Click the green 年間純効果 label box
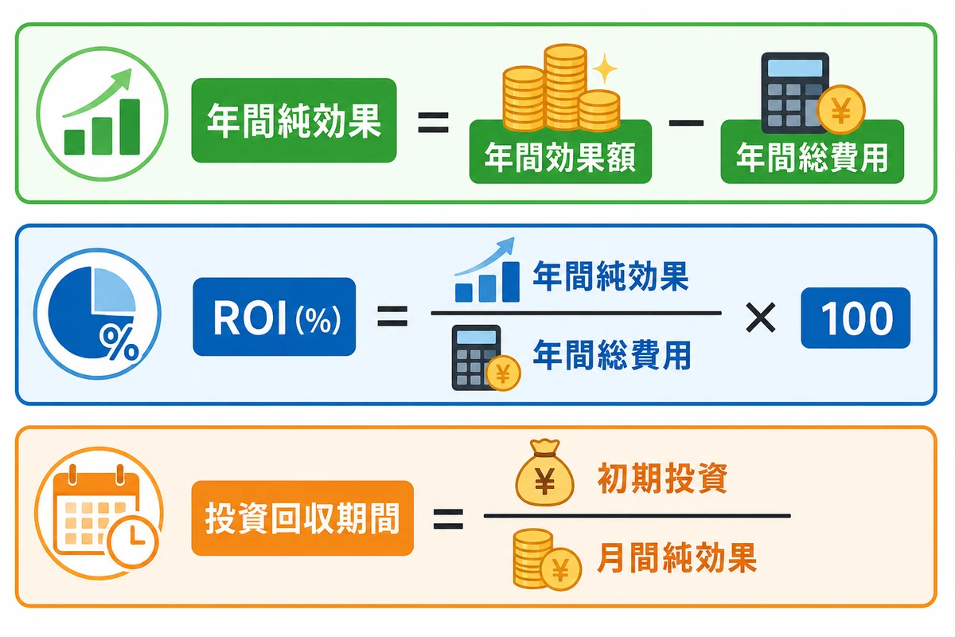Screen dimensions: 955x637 [294, 120]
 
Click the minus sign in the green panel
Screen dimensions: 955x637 [686, 123]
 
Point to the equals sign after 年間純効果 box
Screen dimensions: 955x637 [433, 123]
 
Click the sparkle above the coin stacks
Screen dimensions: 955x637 [605, 68]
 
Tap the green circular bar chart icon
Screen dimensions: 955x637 [103, 115]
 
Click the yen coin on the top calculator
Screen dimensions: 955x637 [840, 110]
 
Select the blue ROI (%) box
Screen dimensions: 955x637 [274, 317]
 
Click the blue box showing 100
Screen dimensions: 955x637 [856, 318]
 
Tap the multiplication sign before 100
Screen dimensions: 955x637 [761, 318]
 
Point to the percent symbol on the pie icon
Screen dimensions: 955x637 [119, 345]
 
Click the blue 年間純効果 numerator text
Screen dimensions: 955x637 [610, 276]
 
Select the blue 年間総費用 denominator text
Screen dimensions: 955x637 [611, 355]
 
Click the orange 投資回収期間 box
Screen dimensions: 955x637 [302, 518]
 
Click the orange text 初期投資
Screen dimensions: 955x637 [662, 479]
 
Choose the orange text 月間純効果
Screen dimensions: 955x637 [676, 557]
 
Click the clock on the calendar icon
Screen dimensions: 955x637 [133, 541]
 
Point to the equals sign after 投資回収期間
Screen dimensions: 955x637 [448, 519]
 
